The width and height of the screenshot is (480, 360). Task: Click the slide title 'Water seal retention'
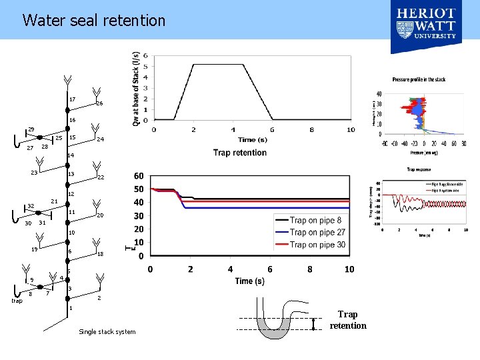click(x=93, y=21)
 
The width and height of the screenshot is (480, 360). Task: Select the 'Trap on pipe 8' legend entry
click(x=315, y=220)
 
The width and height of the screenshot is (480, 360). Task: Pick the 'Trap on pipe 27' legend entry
click(x=317, y=232)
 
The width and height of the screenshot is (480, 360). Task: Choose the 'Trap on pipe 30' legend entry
click(x=317, y=244)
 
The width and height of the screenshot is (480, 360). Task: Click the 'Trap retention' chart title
click(x=239, y=153)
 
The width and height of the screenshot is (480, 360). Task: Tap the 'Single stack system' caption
click(x=107, y=332)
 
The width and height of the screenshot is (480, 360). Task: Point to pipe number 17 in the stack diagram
click(x=72, y=100)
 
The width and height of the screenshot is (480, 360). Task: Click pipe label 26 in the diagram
click(x=99, y=104)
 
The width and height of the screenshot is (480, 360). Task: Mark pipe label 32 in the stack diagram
click(x=31, y=206)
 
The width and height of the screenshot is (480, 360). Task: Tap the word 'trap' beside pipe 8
click(x=17, y=301)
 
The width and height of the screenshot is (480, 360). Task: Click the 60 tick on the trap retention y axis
click(x=139, y=176)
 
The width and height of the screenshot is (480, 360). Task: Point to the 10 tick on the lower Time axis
click(x=349, y=269)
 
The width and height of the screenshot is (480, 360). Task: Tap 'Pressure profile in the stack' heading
click(x=419, y=79)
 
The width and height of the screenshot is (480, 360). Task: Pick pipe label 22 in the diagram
click(x=100, y=178)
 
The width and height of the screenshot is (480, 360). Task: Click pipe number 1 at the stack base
click(x=70, y=309)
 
